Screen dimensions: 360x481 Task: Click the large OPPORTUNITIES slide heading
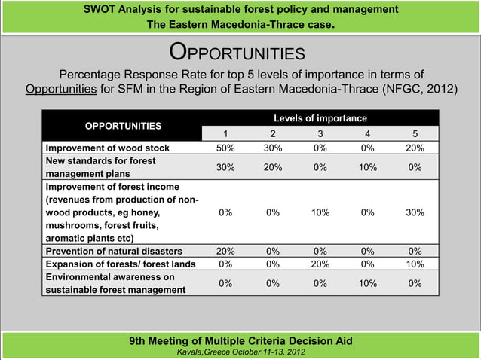[x=237, y=53]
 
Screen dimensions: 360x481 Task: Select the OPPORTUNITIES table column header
[x=122, y=125]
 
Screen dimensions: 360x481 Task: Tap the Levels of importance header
[x=320, y=118]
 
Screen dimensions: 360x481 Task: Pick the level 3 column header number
[x=319, y=133]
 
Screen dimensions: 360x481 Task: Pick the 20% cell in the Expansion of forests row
[x=319, y=264]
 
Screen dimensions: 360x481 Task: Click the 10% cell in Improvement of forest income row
[x=319, y=212]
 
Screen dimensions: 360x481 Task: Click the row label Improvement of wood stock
[x=108, y=148]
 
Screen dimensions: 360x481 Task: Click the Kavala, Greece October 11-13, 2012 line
[x=240, y=352]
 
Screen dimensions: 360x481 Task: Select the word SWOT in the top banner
[x=100, y=10]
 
